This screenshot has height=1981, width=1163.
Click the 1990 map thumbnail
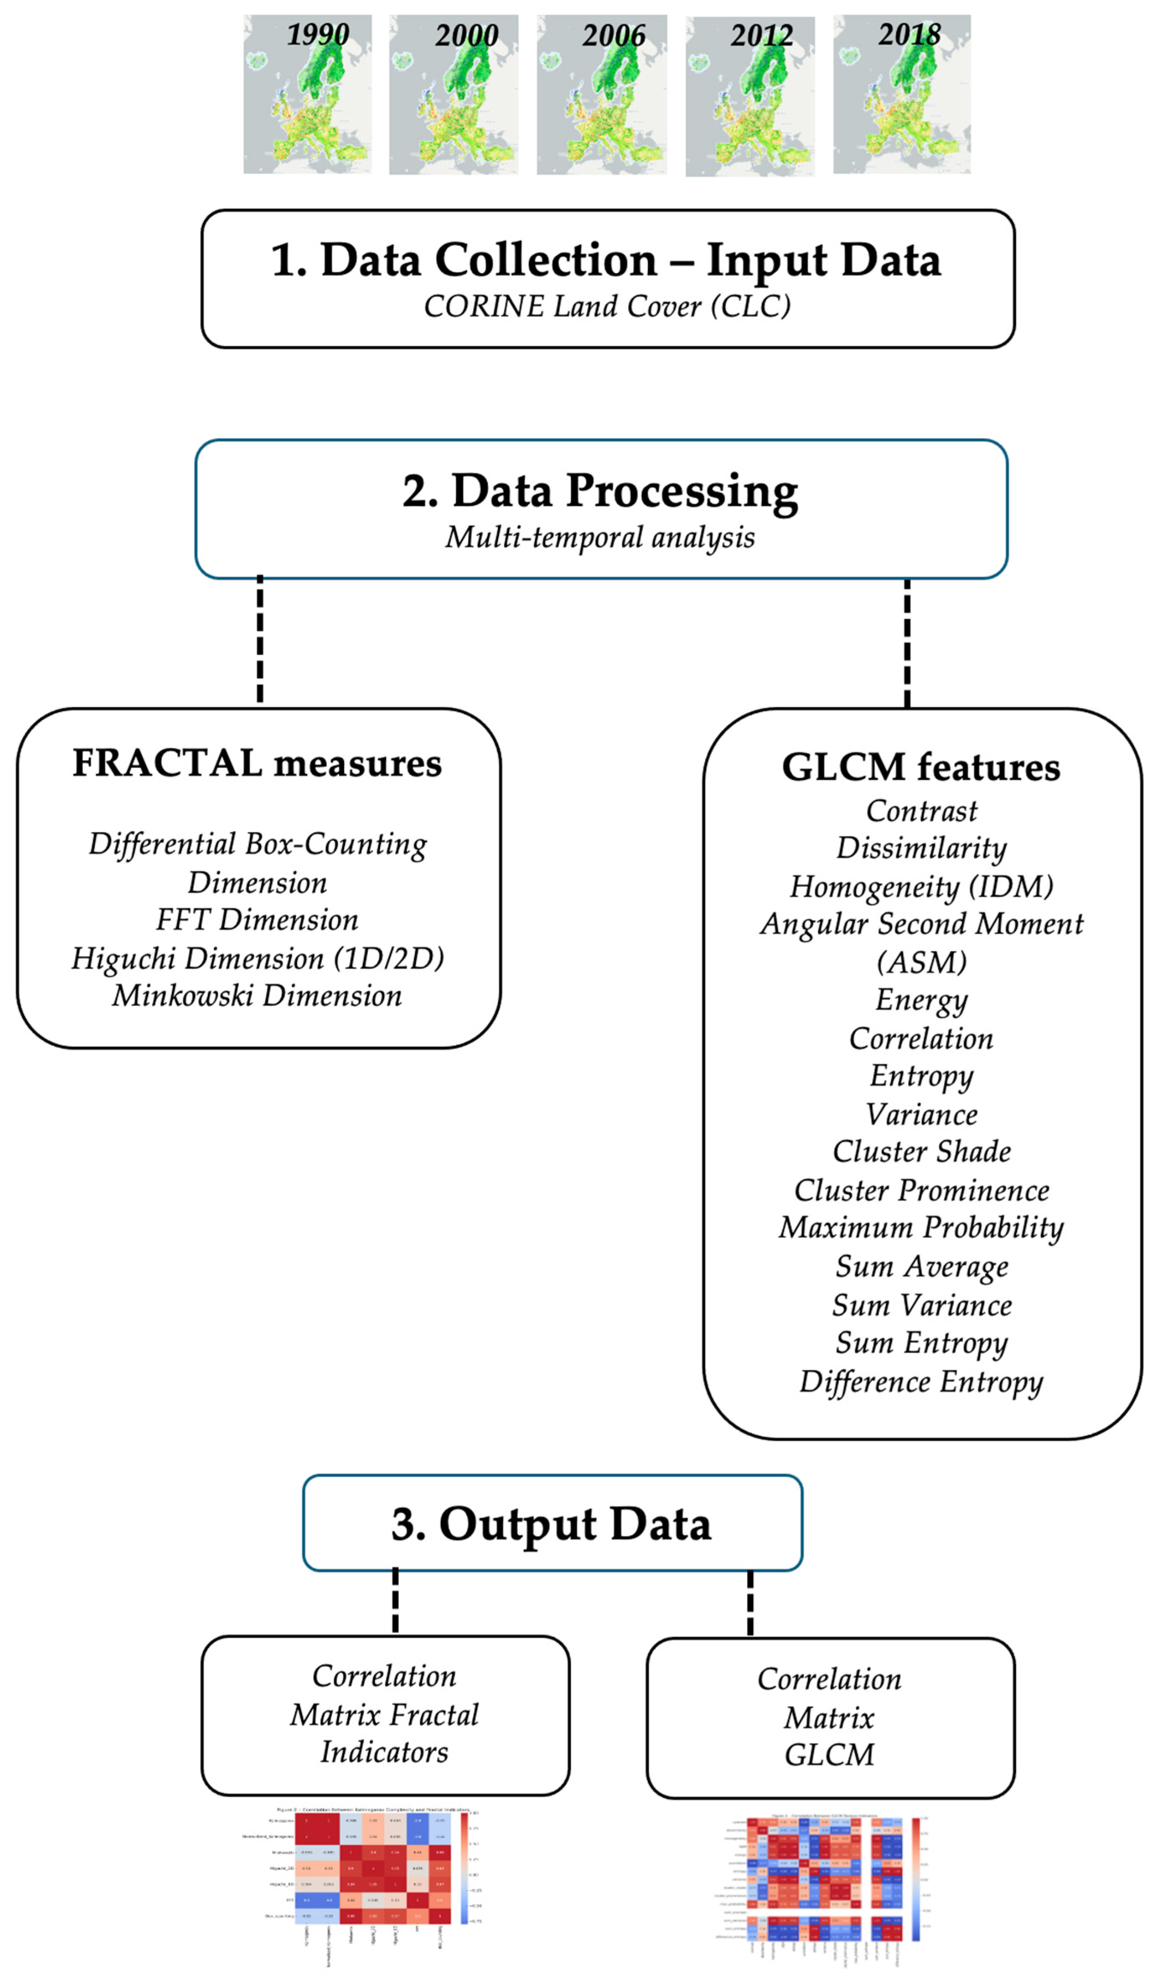point(307,94)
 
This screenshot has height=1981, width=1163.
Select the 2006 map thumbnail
point(602,94)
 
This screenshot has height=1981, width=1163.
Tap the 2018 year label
point(909,35)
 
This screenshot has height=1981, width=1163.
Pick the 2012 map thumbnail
point(750,96)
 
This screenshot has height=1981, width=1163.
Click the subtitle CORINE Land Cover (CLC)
point(607,306)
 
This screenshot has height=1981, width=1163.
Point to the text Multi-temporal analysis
point(600,538)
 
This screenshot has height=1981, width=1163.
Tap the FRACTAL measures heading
point(258,763)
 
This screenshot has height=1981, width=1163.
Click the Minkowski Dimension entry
point(258,996)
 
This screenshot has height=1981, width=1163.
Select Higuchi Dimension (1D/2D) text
point(258,958)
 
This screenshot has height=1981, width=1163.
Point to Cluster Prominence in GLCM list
point(922,1190)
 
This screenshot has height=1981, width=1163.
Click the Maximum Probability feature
point(922,1228)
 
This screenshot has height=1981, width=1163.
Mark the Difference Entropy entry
point(922,1382)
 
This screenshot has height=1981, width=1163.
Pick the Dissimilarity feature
point(922,848)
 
